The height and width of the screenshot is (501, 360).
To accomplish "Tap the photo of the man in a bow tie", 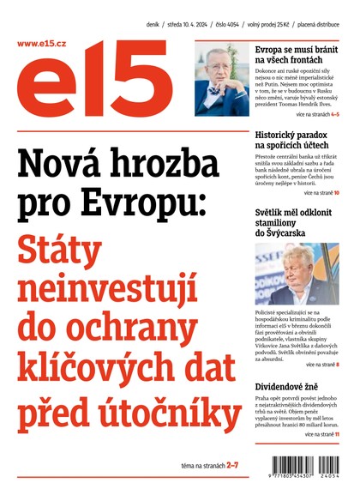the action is click(x=222, y=80).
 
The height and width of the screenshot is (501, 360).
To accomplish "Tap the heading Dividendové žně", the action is click(x=289, y=386).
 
